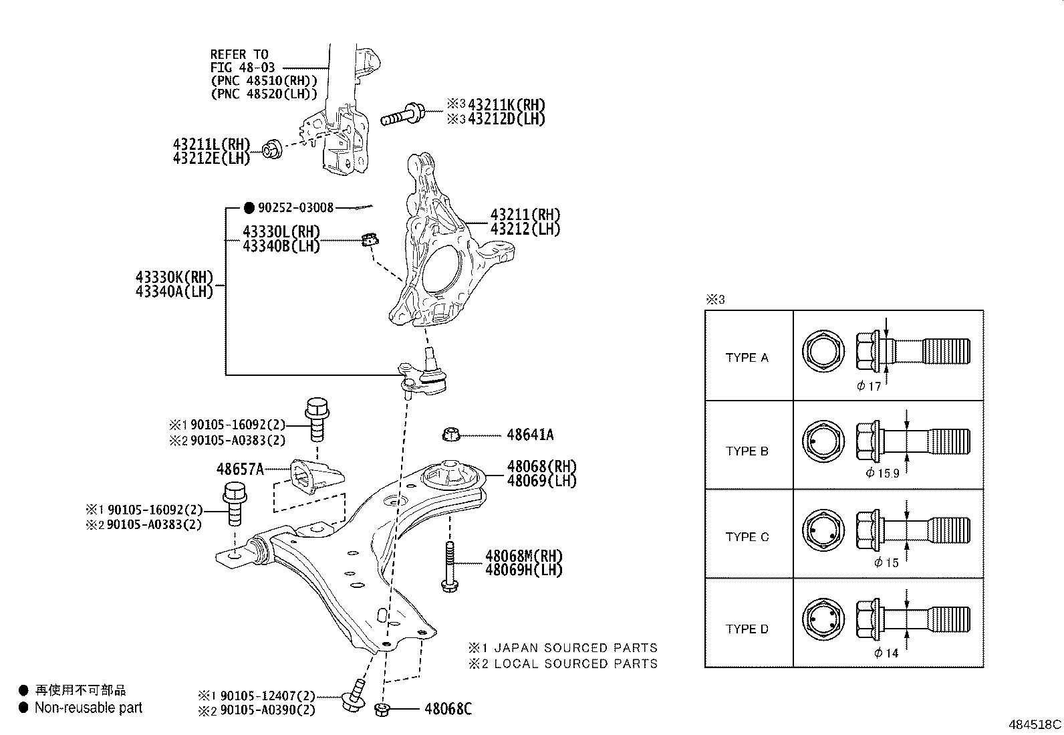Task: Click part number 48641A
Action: [530, 435]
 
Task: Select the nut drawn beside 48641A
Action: [452, 435]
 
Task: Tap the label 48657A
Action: [240, 469]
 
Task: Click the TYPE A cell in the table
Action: [747, 358]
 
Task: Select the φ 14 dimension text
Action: [887, 653]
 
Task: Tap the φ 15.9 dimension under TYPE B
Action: [884, 473]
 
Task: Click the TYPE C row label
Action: [747, 537]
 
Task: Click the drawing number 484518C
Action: [1035, 724]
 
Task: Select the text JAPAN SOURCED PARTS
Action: [575, 648]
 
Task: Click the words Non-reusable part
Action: [88, 708]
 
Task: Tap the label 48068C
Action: [448, 709]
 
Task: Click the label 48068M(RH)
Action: [524, 556]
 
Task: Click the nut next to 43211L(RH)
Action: [272, 149]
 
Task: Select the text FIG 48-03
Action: [242, 68]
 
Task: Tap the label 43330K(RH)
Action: [174, 277]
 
